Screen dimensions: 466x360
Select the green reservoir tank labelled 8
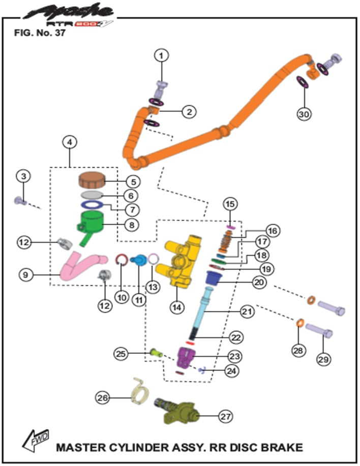point(92,222)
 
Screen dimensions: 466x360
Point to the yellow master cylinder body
point(183,262)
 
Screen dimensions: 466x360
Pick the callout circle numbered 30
point(304,115)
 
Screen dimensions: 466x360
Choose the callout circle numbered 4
point(69,144)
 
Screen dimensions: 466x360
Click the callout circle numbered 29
point(323,359)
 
